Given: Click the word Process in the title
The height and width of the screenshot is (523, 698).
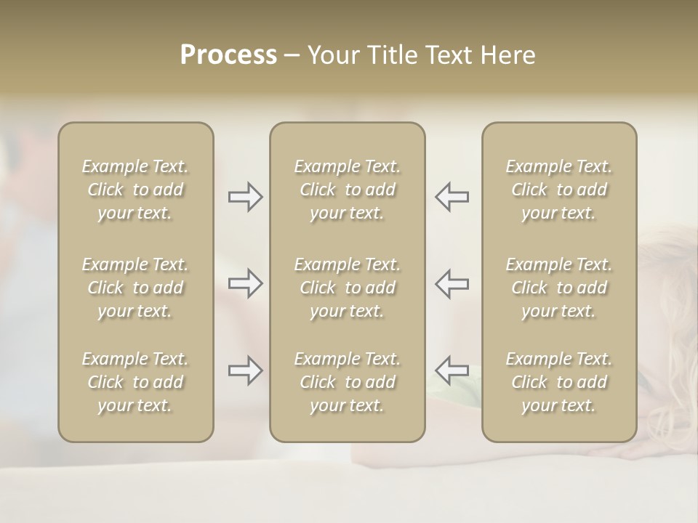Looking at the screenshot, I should [x=228, y=55].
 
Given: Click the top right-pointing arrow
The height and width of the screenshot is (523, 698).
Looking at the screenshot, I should [x=246, y=197].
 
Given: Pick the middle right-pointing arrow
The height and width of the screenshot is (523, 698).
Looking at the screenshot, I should [x=246, y=283].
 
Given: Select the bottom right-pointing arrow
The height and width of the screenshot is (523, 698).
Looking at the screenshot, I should [x=246, y=370].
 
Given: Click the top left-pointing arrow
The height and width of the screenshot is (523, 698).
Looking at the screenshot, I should [x=452, y=197].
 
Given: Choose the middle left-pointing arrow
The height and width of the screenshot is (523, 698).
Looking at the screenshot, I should [x=452, y=283].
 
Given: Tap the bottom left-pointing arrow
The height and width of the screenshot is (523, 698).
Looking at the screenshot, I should [x=452, y=370].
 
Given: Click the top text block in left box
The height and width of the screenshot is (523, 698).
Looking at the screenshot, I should [x=135, y=190].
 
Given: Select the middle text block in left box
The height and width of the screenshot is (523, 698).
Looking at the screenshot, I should [x=135, y=288].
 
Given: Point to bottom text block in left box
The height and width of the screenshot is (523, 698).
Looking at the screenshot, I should [x=135, y=382].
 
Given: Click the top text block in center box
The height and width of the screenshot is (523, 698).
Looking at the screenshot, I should [x=347, y=190].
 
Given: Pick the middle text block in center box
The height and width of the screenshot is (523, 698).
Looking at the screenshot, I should [x=347, y=288].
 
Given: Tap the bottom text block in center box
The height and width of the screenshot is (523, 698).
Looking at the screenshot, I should [x=347, y=382].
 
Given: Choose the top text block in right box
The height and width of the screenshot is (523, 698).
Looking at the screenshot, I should [x=558, y=190].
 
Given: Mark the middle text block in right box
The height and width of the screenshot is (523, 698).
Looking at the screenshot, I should [x=558, y=288].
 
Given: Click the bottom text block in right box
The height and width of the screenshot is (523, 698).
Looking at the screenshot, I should [x=558, y=382].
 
